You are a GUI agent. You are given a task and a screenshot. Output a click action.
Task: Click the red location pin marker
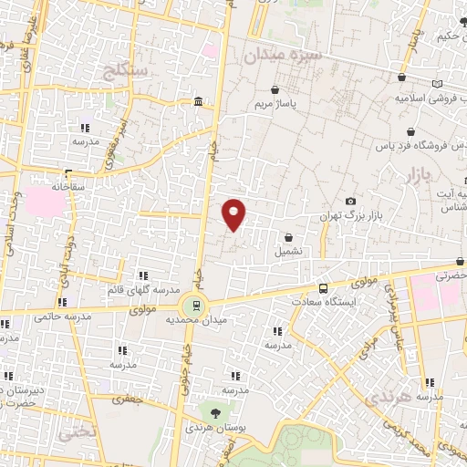point(234,214)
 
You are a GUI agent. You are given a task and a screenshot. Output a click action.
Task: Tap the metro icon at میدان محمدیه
point(192,306)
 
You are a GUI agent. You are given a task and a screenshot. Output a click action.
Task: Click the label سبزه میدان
point(283,57)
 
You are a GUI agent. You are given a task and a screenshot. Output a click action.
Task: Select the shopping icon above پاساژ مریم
point(275,89)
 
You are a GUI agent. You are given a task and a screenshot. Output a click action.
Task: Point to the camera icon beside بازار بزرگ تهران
point(350,202)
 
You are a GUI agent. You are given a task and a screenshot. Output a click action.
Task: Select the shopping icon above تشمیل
point(288,238)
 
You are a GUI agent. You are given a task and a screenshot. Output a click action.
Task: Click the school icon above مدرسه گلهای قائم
point(141,275)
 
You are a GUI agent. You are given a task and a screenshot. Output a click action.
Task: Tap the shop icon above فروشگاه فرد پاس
point(411,130)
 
